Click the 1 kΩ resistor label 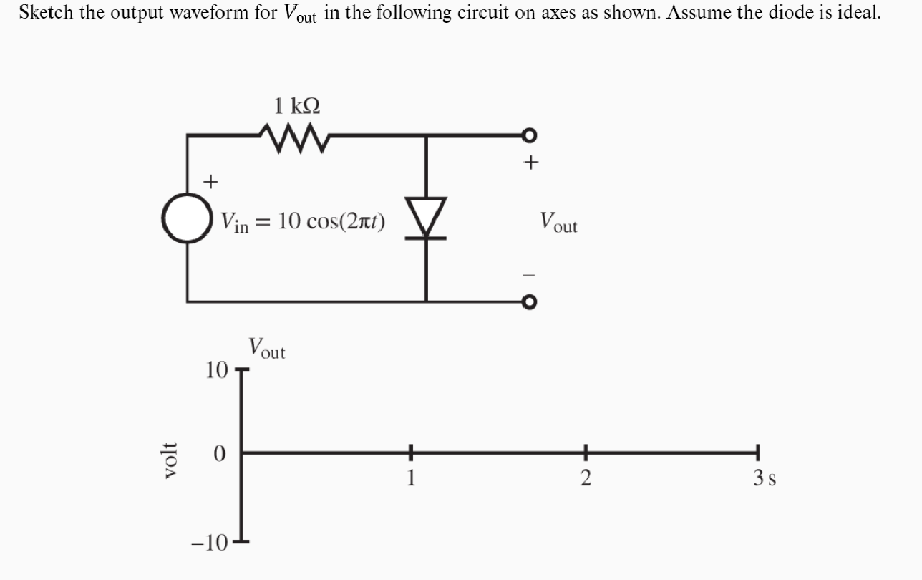click(x=297, y=106)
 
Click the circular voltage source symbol click(x=188, y=219)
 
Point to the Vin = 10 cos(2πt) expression click(x=304, y=222)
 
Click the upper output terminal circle click(x=529, y=135)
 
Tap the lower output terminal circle click(x=529, y=302)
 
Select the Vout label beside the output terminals click(x=558, y=222)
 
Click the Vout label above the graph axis click(x=266, y=348)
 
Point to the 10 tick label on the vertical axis click(x=215, y=370)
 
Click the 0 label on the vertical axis click(x=220, y=454)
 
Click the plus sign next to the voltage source click(x=210, y=181)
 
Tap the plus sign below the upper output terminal click(x=530, y=163)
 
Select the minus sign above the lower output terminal click(x=530, y=275)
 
